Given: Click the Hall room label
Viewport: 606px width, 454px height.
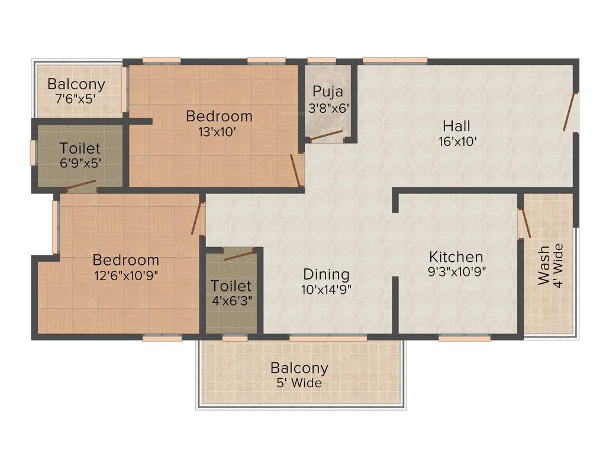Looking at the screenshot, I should click(x=456, y=127).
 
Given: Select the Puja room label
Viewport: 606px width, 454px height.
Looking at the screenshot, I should click(x=328, y=92).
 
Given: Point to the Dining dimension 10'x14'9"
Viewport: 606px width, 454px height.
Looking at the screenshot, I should click(x=327, y=290).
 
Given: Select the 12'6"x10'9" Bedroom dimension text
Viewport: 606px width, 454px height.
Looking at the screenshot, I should click(x=126, y=275).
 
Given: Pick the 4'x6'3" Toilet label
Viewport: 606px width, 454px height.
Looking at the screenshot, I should click(x=231, y=287).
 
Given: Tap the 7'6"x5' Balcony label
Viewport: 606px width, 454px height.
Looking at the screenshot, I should click(x=76, y=85).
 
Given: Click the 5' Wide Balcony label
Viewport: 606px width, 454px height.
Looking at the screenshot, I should click(x=299, y=368).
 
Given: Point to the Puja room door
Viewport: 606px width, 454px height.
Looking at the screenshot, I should click(x=327, y=135).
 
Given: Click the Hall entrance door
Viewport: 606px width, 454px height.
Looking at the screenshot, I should click(x=570, y=112).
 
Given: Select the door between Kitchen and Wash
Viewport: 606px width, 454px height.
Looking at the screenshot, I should click(x=524, y=223).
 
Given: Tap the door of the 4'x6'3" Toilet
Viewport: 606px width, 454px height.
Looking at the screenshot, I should click(x=239, y=255).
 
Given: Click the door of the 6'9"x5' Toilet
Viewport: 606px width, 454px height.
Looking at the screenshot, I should click(x=81, y=187).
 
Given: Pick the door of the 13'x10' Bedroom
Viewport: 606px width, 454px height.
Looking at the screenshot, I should click(x=295, y=170).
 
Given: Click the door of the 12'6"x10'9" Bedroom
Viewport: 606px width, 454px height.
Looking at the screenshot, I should click(x=198, y=218).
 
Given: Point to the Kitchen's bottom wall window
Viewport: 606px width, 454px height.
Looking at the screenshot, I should click(x=465, y=338).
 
